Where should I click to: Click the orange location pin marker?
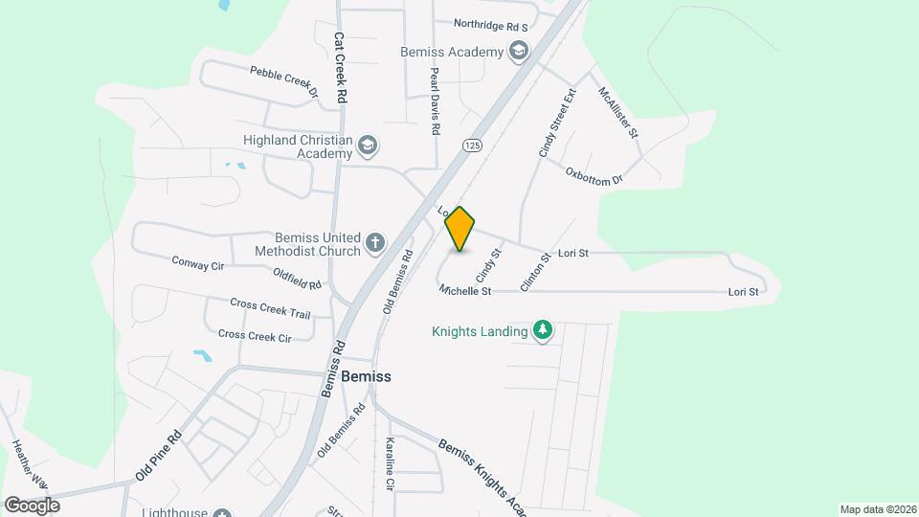coord(460,229)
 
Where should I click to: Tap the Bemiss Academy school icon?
coord(519,51)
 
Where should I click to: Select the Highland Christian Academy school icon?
coord(368,146)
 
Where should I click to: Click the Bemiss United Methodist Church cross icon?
coord(375,243)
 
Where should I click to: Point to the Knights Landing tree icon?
coord(543,331)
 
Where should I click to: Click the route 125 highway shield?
coord(471,145)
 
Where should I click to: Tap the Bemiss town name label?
coord(367,376)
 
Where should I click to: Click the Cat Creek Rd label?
coord(340,68)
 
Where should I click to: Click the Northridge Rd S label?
coord(491,25)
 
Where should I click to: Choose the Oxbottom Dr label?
coord(594,176)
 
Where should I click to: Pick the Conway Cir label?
coord(197,262)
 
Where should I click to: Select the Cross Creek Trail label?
coord(270,308)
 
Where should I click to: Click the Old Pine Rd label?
coord(158,456)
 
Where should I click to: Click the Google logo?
coord(32,505)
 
